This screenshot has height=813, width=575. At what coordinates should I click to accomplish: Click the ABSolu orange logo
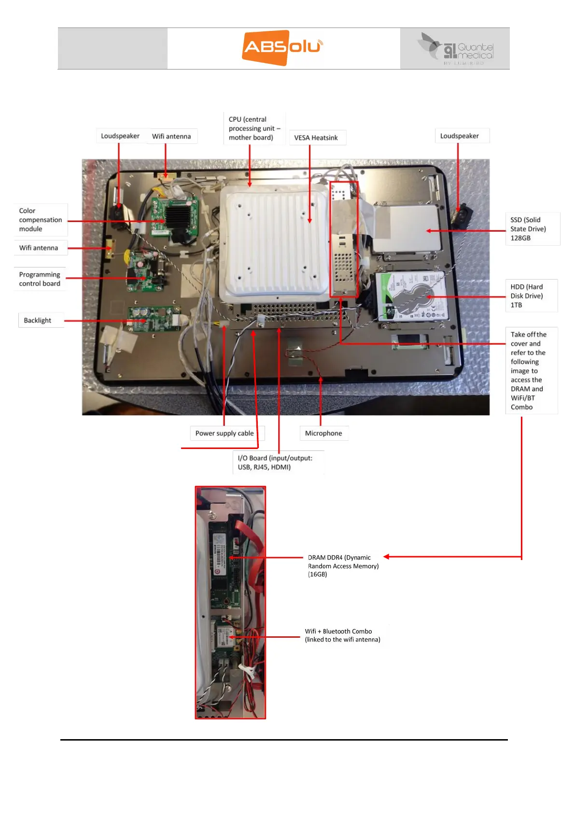(282, 47)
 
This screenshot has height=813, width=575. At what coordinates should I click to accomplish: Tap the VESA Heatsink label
(316, 138)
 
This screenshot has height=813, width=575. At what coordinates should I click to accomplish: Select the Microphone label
(323, 433)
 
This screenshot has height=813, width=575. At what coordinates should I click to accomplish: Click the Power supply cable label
(224, 433)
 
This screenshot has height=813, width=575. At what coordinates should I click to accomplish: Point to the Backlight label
(38, 320)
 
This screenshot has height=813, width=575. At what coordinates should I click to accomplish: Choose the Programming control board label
(40, 279)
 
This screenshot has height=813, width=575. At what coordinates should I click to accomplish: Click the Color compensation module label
(40, 220)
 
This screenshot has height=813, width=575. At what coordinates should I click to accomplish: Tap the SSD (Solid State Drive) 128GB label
(528, 229)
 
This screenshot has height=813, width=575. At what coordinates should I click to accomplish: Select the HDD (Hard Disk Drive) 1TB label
(527, 295)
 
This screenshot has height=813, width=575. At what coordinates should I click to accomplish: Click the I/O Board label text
(275, 463)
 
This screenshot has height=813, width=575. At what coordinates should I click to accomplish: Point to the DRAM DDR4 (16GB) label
(343, 566)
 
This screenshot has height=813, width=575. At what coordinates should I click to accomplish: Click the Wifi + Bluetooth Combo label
(342, 635)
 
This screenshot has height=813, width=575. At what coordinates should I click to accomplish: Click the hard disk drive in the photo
(411, 296)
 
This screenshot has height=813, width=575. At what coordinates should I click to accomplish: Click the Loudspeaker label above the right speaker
(460, 136)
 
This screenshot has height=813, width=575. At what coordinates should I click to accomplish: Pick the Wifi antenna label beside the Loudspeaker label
(171, 136)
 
